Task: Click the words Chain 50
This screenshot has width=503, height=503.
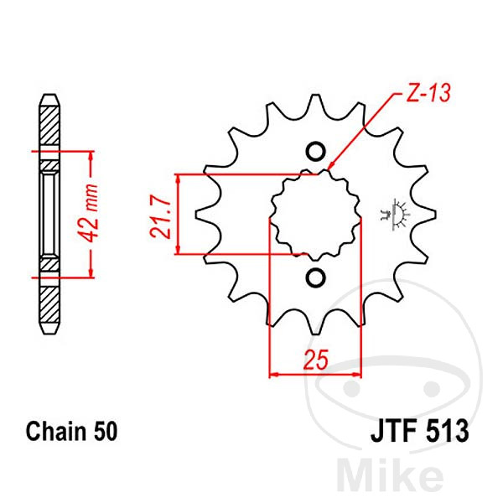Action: [x=71, y=433]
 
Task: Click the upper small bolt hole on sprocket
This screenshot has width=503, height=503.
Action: [x=315, y=152]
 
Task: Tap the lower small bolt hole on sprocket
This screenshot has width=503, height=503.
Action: [x=315, y=277]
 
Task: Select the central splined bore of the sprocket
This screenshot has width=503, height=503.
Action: [x=315, y=215]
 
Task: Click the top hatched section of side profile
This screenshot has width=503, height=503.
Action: [x=50, y=126]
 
